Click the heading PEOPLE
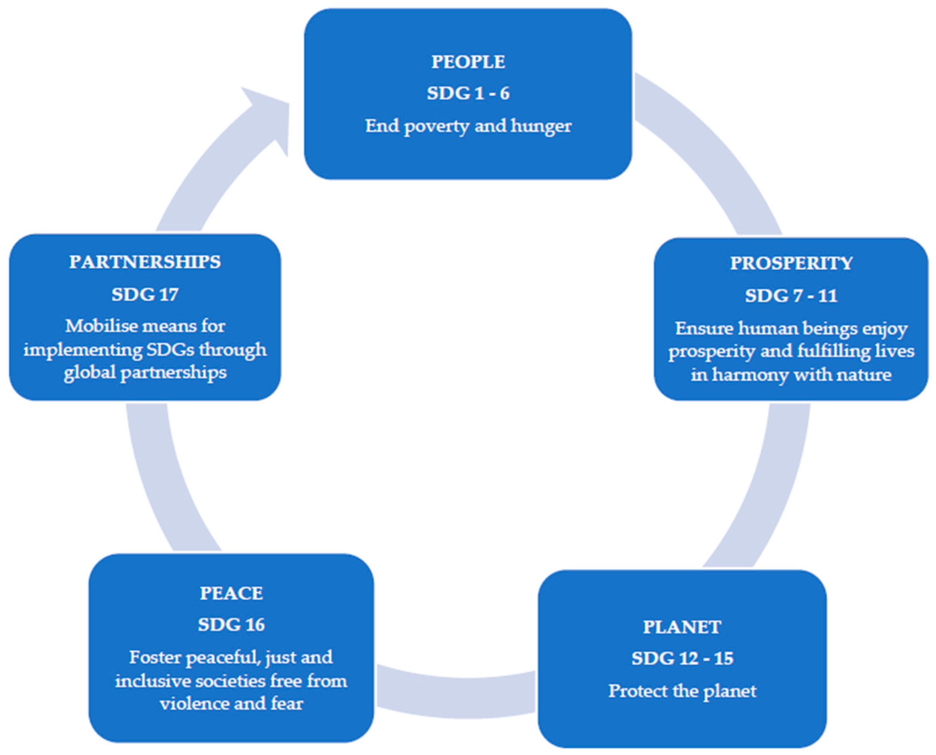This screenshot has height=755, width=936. (468, 62)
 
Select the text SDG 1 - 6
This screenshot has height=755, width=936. (468, 94)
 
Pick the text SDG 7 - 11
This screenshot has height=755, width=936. (791, 296)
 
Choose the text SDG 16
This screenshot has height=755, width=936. (231, 625)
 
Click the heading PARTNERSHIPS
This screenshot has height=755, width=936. (145, 262)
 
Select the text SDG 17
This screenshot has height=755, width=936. (145, 295)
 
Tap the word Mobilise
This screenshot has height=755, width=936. (102, 326)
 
